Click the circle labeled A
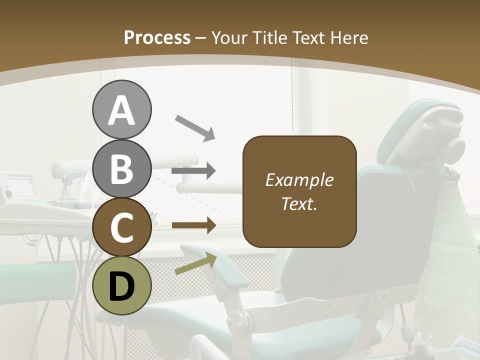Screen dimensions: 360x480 121,109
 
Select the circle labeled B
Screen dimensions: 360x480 121,168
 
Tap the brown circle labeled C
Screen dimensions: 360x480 121,227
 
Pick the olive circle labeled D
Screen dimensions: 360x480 121,285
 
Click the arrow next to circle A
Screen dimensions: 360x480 195,127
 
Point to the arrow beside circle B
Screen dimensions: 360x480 193,171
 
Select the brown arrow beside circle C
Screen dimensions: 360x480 193,225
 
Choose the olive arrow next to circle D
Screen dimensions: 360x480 195,263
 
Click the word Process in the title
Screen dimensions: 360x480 157,38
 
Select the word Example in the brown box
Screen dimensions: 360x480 299,180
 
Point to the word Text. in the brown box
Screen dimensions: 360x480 299,204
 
